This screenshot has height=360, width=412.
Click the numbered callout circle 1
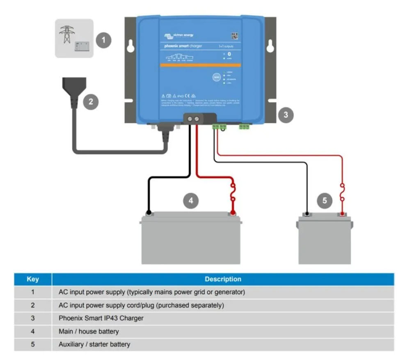click(104, 40)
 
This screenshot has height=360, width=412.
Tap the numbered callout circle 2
click(91, 101)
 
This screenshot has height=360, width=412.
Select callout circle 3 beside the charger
click(286, 115)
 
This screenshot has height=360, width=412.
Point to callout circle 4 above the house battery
click(191, 201)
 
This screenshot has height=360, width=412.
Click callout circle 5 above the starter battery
click(325, 201)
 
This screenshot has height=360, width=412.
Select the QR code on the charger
click(234, 36)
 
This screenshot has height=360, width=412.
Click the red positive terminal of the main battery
click(232, 213)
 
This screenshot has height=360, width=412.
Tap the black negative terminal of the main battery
click(149, 213)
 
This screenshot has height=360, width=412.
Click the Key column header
click(33, 279)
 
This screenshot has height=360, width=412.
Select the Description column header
click(223, 279)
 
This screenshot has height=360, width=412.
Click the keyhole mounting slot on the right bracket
click(270, 46)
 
